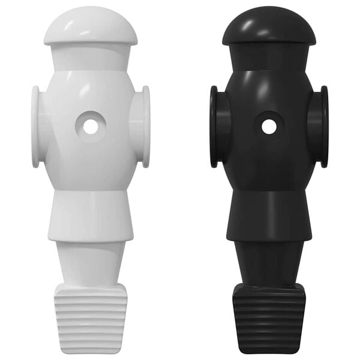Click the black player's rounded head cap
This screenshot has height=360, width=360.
click(x=269, y=27)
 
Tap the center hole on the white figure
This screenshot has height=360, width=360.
click(x=91, y=127)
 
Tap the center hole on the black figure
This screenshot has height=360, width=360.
click(x=269, y=127)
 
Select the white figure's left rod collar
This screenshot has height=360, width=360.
click(x=36, y=127)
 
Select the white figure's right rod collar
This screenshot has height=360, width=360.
click(x=145, y=127)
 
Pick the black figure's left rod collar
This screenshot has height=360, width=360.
click(x=215, y=127)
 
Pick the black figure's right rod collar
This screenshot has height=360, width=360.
click(x=324, y=127)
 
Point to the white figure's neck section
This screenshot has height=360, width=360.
click(x=90, y=57)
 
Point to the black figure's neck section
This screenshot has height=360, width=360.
click(x=269, y=57)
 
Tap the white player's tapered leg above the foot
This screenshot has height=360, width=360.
click(x=90, y=264)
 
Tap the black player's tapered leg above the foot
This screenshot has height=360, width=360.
click(x=269, y=264)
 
